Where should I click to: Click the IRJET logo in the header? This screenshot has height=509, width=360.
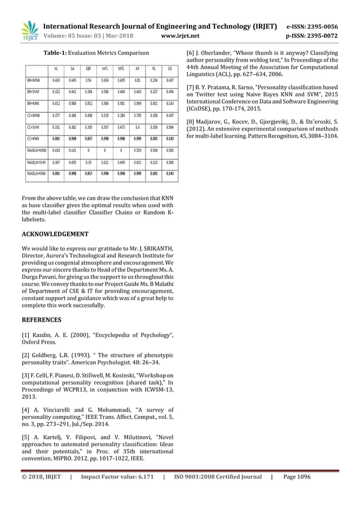tap(28, 31)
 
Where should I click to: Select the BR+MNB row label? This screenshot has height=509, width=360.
tap(33, 81)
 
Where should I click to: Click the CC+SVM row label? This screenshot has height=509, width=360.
tap(33, 128)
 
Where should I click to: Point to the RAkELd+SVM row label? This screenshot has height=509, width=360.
tap(36, 163)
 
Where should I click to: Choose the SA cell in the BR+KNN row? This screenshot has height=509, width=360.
tap(72, 104)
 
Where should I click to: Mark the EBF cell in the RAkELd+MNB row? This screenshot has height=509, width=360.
tap(89, 151)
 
